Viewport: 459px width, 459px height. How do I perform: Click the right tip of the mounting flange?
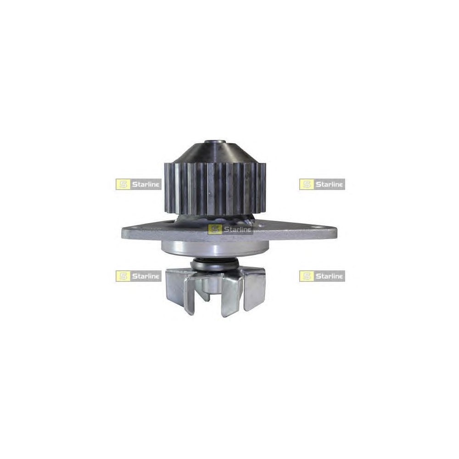click(336, 230)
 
